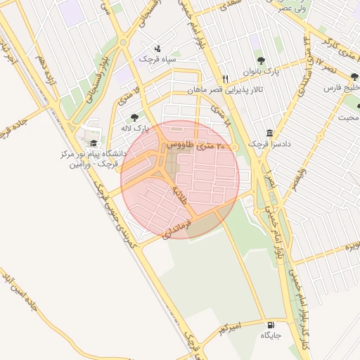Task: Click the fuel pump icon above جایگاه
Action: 271,324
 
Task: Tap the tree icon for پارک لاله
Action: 134,117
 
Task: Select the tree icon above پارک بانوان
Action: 261,61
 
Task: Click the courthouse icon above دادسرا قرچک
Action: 269,133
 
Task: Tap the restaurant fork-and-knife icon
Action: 225,79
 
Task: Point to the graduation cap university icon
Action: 94,143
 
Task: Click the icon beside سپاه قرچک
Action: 157,49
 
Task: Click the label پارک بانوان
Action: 262,72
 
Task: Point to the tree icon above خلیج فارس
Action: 347,77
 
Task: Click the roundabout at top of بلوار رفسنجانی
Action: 124,42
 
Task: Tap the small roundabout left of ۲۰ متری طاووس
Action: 164,146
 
